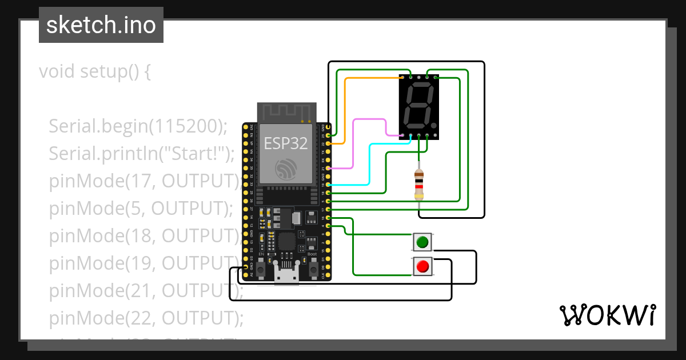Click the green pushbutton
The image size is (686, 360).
tap(422, 242)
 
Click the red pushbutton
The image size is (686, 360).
tap(422, 266)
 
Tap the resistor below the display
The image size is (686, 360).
tap(419, 185)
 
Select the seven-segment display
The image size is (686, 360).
tap(418, 107)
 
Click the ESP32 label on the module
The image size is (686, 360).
tap(286, 143)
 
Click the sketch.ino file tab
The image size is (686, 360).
tap(101, 25)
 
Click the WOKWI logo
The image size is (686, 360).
tap(607, 315)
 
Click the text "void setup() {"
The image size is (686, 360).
tap(94, 72)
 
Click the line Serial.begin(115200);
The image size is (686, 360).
tap(138, 126)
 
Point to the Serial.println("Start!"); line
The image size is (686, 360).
tap(142, 153)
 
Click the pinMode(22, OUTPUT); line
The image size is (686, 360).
tap(146, 317)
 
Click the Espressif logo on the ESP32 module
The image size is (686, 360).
tap(286, 169)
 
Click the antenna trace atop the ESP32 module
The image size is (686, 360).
tap(286, 113)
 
